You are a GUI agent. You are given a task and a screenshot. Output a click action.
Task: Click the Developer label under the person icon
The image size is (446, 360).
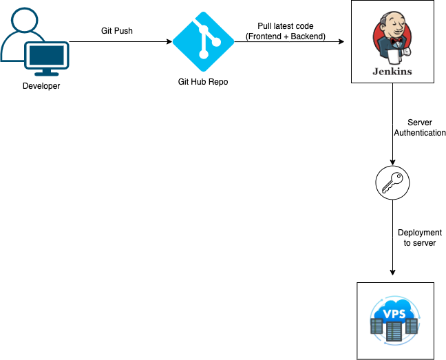(40, 86)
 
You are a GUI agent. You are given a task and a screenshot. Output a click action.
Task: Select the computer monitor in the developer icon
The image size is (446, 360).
(47, 59)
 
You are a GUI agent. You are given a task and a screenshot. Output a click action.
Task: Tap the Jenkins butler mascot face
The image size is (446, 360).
(392, 30)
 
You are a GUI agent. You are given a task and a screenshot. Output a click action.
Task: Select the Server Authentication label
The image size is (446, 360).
(420, 127)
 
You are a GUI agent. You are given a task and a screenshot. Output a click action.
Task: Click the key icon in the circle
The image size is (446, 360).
(392, 183)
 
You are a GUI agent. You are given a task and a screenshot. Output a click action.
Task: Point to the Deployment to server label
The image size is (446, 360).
(419, 237)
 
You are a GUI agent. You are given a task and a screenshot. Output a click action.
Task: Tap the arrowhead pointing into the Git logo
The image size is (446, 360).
(169, 42)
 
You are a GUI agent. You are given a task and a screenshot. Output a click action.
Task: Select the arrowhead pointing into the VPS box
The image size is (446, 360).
(392, 278)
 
